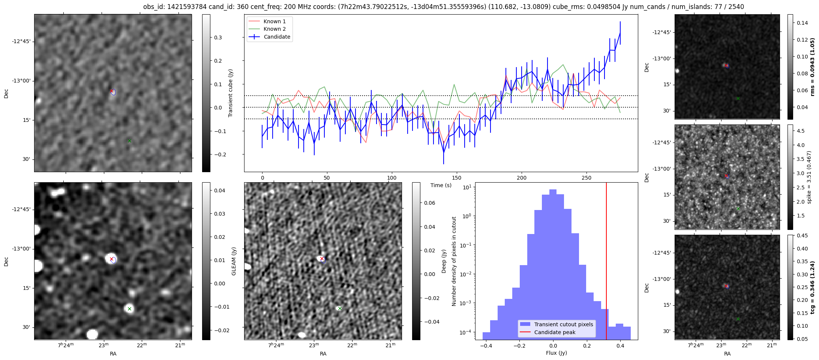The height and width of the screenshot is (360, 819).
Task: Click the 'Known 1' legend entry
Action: pyautogui.click(x=274, y=21)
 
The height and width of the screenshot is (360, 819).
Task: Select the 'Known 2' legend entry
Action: pyautogui.click(x=274, y=29)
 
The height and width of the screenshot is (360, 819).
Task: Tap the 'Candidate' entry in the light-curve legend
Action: pyautogui.click(x=277, y=37)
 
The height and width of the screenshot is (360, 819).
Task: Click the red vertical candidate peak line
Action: pyautogui.click(x=606, y=262)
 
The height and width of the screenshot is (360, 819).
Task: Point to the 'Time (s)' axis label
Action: pyautogui.click(x=441, y=185)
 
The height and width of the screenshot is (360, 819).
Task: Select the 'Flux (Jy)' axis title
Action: pyautogui.click(x=556, y=353)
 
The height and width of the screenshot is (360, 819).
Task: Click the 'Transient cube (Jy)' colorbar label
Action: pyautogui.click(x=231, y=93)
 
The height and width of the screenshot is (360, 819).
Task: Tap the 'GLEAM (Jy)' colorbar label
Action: pyautogui.click(x=234, y=261)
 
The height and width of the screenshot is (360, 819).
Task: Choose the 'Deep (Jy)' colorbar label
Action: pyautogui.click(x=444, y=261)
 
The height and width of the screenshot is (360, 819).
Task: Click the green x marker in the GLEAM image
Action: pyautogui.click(x=129, y=309)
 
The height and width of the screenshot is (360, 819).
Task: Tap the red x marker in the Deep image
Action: pyautogui.click(x=322, y=259)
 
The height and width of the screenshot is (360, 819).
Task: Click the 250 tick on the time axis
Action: pyautogui.click(x=586, y=178)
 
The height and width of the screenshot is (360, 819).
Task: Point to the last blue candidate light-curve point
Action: pyautogui.click(x=620, y=33)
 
